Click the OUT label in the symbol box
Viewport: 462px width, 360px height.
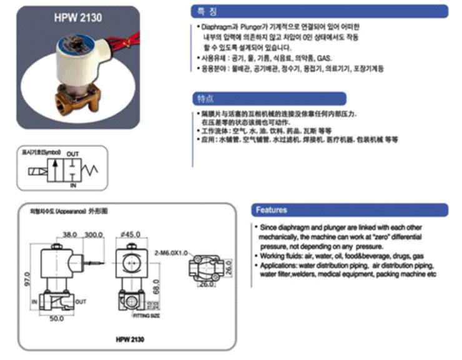point(73,154)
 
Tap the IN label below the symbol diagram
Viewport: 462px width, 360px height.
point(72,186)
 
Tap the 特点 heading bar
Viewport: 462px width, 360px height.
point(268,99)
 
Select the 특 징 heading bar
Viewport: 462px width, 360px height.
point(318,11)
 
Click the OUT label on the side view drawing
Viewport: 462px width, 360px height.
point(81,300)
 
